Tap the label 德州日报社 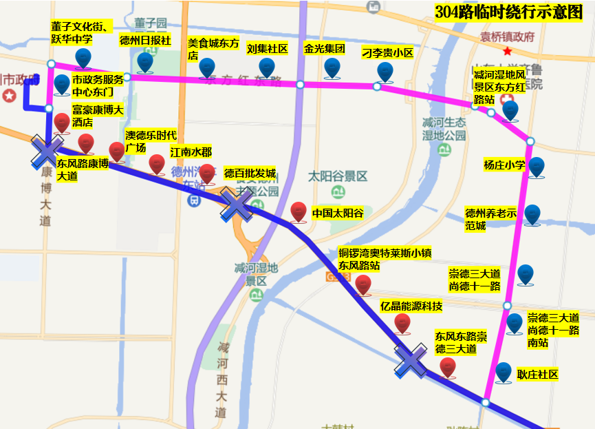[145, 41]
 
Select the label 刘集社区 [267, 49]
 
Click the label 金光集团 [325, 49]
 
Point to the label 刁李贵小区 [387, 53]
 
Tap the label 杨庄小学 [504, 165]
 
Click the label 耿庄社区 [537, 375]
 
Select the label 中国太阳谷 [337, 213]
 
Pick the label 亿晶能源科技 [411, 306]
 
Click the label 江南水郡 [191, 152]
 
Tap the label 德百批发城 [250, 173]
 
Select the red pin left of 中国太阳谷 [298, 211]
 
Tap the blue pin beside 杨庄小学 [536, 167]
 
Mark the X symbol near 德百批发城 [235, 204]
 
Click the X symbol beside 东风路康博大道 [47, 151]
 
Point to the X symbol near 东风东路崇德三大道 [411, 359]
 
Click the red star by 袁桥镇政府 [507, 52]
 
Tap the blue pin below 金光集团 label [332, 67]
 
